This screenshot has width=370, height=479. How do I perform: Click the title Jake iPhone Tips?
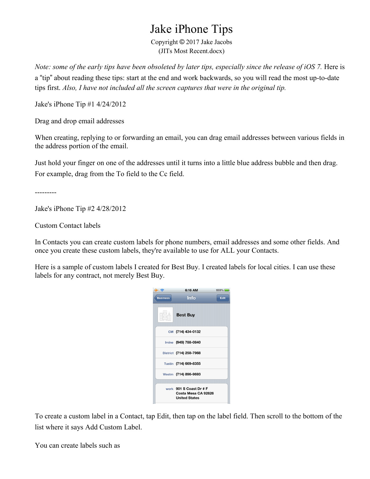coord(191,29)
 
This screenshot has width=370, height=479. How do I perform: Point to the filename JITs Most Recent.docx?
coord(191,51)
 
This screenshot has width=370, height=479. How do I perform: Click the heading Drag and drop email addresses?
coord(80,121)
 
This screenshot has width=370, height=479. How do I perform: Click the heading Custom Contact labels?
coord(68,226)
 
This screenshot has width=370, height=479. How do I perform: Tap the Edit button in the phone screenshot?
coord(223,298)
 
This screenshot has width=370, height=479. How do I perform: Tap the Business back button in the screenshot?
coord(163,298)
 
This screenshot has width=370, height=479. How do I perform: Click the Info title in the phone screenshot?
coord(191,298)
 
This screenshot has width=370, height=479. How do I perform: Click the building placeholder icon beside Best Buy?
coord(165,315)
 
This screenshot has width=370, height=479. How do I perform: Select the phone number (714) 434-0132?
coord(188,332)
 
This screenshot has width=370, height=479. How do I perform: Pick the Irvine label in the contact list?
coord(169,343)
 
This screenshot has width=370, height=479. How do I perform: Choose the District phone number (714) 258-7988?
coord(188,353)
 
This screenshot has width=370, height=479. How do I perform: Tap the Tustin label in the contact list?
coord(169,364)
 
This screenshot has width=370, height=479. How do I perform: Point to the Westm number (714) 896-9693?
coord(188,374)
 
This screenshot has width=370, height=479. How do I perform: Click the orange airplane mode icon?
coord(156,290)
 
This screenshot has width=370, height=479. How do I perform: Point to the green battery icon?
coord(227,290)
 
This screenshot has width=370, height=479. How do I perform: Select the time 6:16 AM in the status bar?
coord(191,290)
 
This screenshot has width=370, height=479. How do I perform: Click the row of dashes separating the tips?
coord(46,193)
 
